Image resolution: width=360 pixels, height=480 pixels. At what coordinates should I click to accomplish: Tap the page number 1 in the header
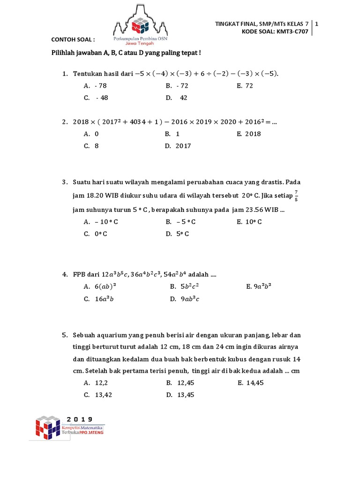318,23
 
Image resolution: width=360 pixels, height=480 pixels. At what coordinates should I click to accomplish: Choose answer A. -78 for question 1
95,86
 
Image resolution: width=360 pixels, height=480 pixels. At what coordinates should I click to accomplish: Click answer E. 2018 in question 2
248,134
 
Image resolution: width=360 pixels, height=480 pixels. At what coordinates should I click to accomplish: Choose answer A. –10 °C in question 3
100,222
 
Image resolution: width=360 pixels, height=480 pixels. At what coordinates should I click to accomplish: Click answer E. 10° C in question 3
249,222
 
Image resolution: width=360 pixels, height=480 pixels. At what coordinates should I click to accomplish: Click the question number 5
64,335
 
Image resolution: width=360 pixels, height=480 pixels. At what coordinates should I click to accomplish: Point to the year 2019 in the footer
79,419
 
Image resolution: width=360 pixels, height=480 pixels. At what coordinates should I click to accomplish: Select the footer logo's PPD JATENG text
93,432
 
